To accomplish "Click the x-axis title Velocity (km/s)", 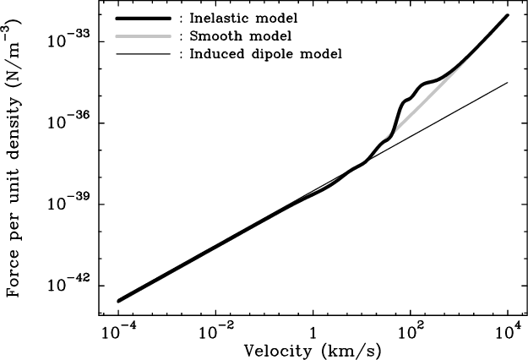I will tap(312, 350).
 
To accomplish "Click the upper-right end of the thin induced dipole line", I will tap(507, 82).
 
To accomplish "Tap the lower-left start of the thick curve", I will tap(118, 300).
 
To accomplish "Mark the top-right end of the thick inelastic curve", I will tap(507, 14).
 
